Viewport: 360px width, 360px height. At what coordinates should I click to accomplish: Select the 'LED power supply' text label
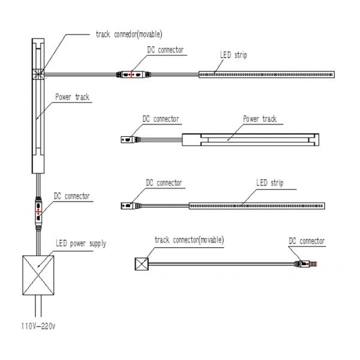point(81,243)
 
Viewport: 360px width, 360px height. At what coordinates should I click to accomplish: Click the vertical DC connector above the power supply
point(39,211)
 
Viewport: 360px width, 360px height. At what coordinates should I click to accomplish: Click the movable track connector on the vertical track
point(38,74)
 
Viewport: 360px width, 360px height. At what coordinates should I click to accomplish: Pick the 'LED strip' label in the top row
point(232,55)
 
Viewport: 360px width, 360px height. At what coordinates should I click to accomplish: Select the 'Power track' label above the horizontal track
point(260,119)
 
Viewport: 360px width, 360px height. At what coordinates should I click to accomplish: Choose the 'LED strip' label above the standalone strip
point(269,182)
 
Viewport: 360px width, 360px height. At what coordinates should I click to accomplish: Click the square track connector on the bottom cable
point(141,263)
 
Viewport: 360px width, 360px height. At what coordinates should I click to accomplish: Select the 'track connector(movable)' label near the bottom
point(189,239)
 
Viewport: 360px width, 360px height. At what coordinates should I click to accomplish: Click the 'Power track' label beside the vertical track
point(73,96)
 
